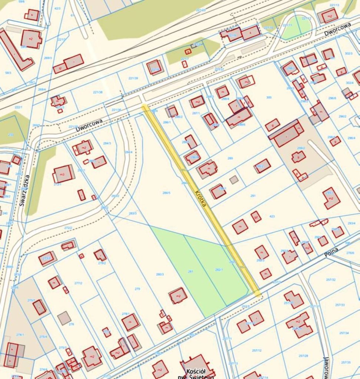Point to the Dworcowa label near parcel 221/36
point(89,124)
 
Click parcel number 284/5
point(166,192)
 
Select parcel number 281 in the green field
point(190,271)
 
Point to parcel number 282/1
point(219,270)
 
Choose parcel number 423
point(272,216)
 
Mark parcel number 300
point(269,97)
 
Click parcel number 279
point(137,288)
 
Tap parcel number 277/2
point(78,283)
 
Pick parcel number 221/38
point(98,92)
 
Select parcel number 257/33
point(340,305)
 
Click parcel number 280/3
point(160,274)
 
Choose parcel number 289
point(230,158)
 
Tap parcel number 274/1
point(20,335)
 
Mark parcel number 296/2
point(343,116)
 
